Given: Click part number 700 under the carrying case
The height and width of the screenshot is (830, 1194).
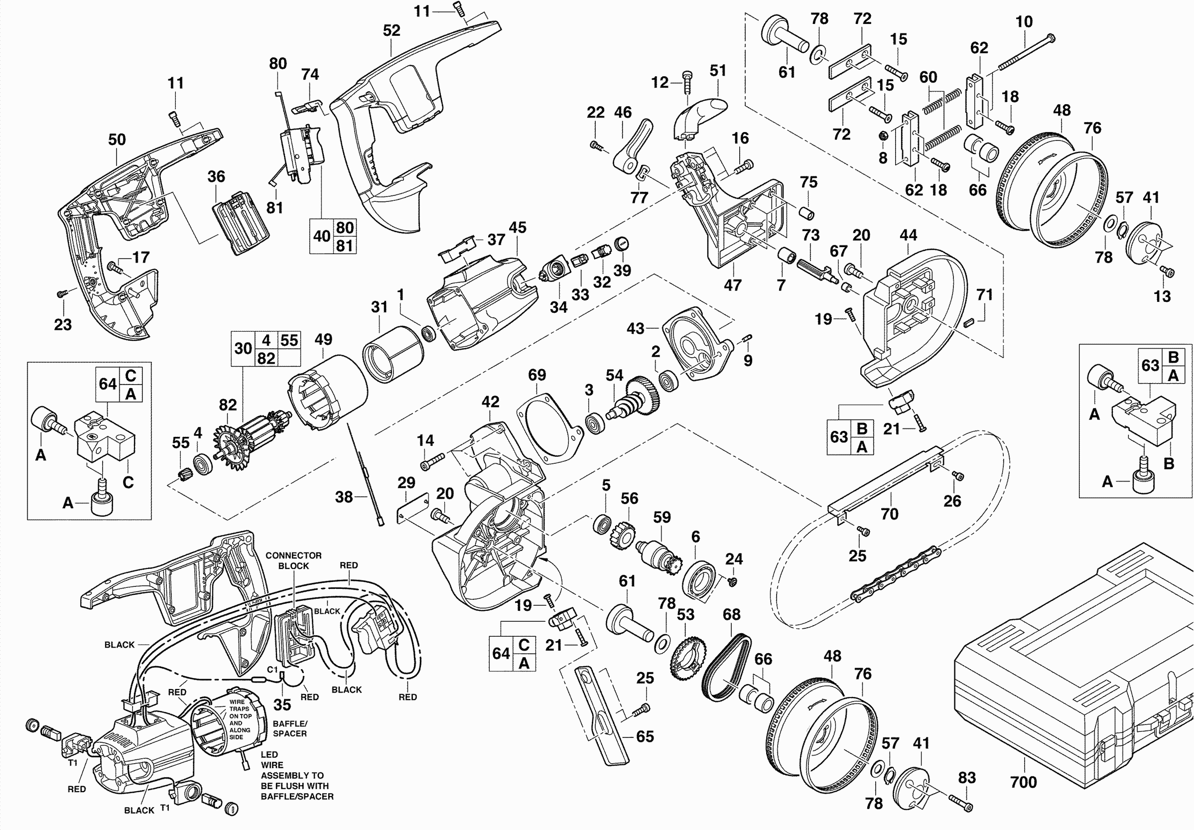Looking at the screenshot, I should click(1023, 782).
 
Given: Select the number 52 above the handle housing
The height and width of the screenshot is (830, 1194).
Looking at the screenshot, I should click(392, 31).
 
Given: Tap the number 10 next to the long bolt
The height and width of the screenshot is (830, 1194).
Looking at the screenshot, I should click(1024, 22).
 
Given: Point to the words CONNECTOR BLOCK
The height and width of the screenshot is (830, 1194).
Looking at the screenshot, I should click(293, 560).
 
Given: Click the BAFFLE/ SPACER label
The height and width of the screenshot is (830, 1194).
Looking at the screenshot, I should click(289, 728).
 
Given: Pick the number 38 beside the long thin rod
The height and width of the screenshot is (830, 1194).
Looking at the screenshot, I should click(344, 497).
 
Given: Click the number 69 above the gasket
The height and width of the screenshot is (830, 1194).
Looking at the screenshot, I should click(537, 375).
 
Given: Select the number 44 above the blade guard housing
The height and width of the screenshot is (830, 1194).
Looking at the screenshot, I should click(908, 235).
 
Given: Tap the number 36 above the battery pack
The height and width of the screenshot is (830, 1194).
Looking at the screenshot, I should click(216, 176).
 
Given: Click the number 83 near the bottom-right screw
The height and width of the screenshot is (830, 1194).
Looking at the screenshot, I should click(967, 778).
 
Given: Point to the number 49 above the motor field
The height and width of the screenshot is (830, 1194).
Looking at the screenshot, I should click(323, 340).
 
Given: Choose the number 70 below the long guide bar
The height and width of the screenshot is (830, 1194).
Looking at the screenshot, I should click(889, 514).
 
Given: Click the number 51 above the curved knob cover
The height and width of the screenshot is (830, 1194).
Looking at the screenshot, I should click(718, 70).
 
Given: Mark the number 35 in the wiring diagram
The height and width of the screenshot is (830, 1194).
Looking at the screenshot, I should click(282, 704).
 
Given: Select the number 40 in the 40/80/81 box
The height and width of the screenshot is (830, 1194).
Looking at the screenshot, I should click(322, 236).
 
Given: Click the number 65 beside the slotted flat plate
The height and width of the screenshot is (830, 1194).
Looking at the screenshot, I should click(645, 736).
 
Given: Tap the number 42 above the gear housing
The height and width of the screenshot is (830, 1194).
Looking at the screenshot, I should click(490, 402).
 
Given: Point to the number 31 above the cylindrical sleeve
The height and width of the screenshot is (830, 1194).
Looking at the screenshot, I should click(380, 307).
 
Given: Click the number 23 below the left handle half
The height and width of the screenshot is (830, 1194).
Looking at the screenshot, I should click(63, 324).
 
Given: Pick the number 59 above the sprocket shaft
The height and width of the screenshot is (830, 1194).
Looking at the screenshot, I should click(662, 517).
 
